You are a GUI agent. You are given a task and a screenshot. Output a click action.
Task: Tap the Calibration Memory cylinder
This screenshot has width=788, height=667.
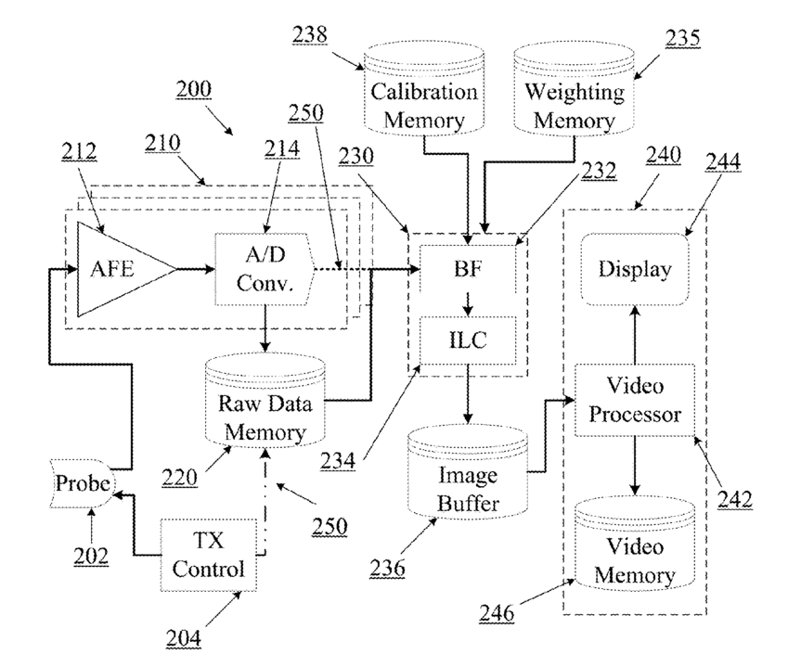pos(424,99)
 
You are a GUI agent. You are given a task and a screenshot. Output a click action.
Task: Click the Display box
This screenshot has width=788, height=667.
pos(635,269)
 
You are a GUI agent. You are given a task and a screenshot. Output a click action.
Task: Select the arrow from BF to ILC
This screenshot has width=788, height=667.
pos(468,304)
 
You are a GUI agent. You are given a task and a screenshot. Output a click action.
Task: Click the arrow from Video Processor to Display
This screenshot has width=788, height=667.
pos(635,334)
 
